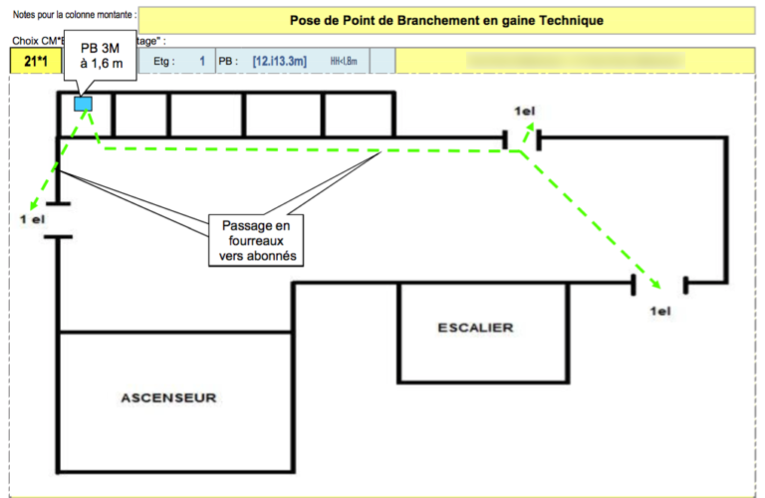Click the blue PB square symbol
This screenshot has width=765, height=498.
pos(83,103)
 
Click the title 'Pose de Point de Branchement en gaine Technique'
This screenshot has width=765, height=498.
pos(446,19)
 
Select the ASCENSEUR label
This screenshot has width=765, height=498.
pos(168,397)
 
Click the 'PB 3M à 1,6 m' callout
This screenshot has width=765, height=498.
pos(101,56)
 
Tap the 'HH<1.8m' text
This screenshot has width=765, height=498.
pos(343,62)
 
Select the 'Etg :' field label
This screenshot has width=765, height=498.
pos(164,62)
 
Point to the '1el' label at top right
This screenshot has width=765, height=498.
pos(526,110)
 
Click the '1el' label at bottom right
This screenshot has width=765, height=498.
pos(660,311)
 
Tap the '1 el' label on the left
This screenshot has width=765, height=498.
pos(32,218)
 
